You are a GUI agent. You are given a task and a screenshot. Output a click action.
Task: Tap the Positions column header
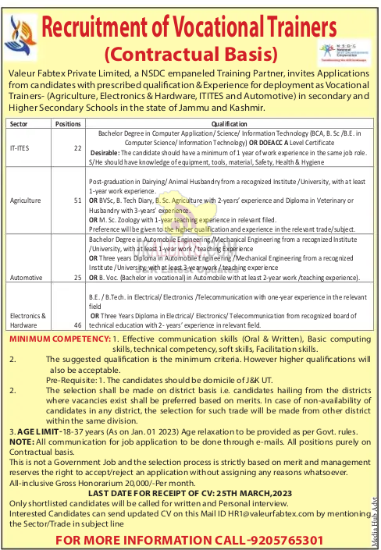pos(69,123)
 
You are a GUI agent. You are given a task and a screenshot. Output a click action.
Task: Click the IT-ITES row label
pos(20,147)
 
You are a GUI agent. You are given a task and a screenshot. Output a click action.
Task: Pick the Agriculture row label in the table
pos(25,200)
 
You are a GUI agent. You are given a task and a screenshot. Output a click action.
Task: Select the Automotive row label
pos(25,277)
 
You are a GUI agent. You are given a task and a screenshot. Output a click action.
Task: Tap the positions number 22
pos(77,147)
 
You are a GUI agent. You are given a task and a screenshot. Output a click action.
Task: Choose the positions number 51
pos(77,200)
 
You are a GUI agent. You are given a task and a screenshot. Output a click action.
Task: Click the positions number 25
pos(77,277)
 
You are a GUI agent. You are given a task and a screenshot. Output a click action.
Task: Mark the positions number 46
pos(77,324)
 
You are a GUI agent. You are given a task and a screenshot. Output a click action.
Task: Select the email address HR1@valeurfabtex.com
pos(224,514)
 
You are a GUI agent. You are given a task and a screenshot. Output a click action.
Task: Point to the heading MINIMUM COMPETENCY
pos(59,339)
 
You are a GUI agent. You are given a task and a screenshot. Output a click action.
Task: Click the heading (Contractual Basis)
pos(190,55)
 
